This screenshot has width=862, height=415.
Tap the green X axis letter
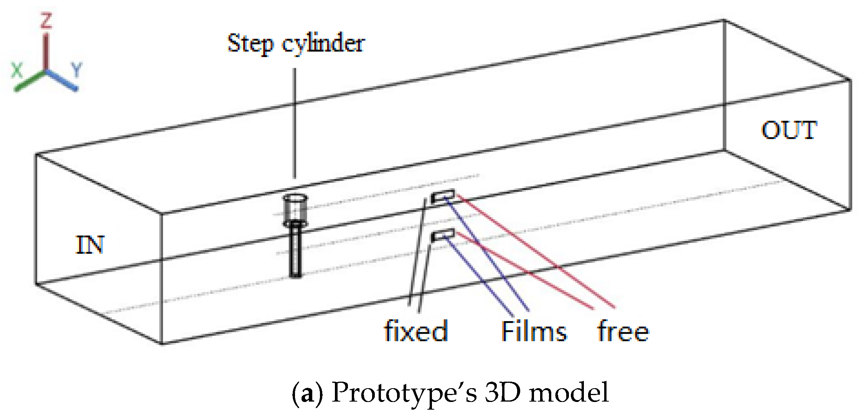pos(17,71)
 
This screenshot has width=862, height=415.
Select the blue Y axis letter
pos(77,70)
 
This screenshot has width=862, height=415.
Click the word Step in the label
pos(250,44)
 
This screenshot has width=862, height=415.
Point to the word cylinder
pos(323,44)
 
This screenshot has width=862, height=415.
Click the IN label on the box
pos(90,245)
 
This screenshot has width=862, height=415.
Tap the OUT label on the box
pos(789,130)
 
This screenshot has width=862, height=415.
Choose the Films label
pos(534,331)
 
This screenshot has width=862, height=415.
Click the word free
pos(623,331)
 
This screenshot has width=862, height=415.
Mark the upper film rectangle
pos(443,196)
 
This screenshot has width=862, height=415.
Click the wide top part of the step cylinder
pos(295,209)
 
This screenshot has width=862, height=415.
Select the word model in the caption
pos(569,392)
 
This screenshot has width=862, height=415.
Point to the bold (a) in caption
pos(307,393)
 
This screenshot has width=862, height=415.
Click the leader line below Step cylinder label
pos(295,123)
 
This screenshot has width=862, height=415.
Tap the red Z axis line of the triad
pos(46,52)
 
